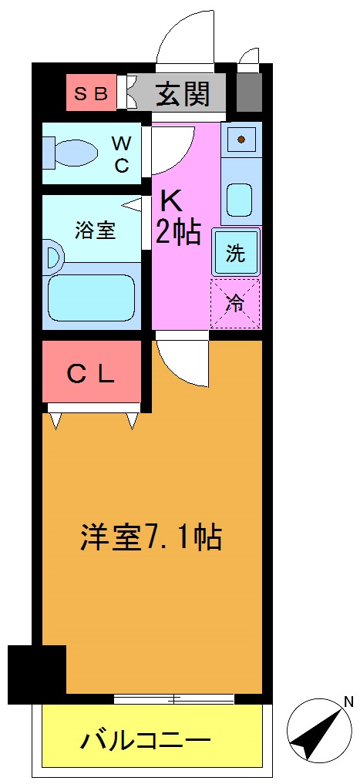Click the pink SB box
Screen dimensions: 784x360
[91, 93]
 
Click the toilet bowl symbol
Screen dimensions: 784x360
[73, 152]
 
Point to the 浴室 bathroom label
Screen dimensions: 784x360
[95, 230]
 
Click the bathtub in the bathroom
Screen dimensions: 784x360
[92, 298]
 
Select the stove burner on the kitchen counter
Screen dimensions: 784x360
[241, 140]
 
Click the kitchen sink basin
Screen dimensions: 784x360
[241, 199]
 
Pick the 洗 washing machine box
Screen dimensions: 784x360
[235, 253]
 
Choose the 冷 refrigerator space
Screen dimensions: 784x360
[235, 303]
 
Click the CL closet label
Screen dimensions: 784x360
[91, 374]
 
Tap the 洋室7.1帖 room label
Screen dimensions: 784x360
[151, 537]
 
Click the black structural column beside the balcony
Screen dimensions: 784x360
[36, 674]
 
